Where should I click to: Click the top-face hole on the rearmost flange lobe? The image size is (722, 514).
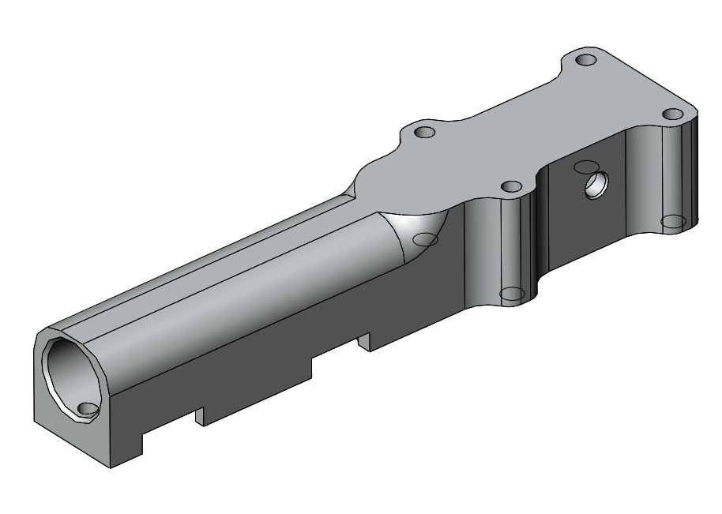(x=585, y=60)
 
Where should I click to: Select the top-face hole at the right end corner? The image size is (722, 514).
(x=672, y=114)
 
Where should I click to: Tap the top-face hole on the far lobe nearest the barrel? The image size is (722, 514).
(x=425, y=132)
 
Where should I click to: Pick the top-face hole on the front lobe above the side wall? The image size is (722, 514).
(x=513, y=186)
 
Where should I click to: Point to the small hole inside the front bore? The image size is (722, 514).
(x=87, y=407)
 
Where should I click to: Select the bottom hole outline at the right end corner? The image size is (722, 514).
(x=673, y=220)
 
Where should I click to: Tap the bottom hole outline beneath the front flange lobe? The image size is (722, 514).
(x=512, y=294)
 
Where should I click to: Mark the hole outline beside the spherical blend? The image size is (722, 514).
(x=427, y=239)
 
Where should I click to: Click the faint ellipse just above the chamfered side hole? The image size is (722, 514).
(x=585, y=167)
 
